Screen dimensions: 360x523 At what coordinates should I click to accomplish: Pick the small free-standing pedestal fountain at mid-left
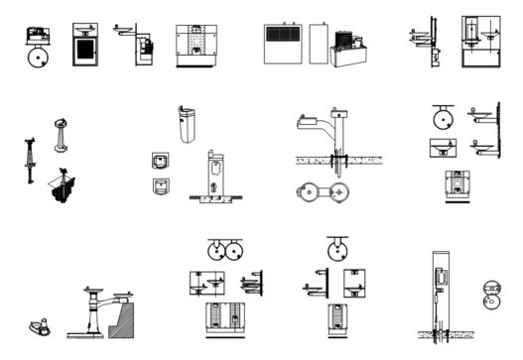click(62, 136)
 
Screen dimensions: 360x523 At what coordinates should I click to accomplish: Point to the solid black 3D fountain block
click(62, 186)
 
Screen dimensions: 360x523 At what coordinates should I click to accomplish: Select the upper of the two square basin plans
click(158, 160)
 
